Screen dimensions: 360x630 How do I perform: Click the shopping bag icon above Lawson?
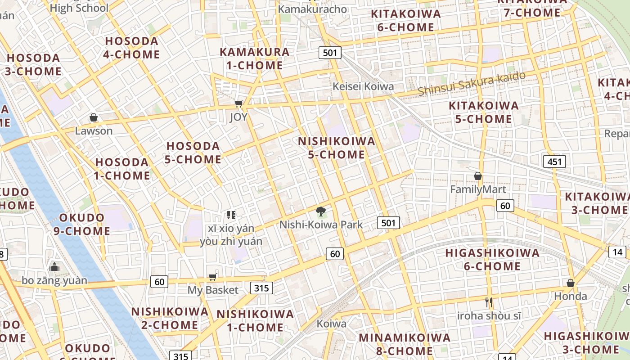coord(94,118)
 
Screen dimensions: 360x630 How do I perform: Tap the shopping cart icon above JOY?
coord(238,104)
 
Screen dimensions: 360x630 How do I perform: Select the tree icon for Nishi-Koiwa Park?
coord(321,211)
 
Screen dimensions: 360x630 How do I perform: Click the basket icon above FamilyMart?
coord(478,176)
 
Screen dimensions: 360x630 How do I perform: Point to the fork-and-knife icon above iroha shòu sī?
coord(489,302)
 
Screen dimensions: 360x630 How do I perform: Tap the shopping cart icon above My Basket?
coord(212,277)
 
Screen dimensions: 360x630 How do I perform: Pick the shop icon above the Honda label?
coord(570,283)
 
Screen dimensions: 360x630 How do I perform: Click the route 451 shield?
coord(554,162)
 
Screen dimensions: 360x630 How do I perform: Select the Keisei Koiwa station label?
coord(363,86)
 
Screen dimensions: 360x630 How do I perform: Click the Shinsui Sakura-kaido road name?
coord(471,84)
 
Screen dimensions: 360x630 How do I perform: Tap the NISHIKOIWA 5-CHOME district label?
coord(337,148)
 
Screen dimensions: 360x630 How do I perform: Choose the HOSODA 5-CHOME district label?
coord(193,153)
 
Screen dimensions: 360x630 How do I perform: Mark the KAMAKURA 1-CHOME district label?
coord(255,58)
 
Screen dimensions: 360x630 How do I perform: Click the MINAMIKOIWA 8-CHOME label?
coord(405,344)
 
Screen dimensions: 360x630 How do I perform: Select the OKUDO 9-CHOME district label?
coord(85,224)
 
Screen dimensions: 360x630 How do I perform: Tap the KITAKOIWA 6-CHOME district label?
coord(406,20)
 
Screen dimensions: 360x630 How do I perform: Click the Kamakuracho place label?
coord(312,9)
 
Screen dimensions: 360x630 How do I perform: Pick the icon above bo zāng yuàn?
coord(54,267)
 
